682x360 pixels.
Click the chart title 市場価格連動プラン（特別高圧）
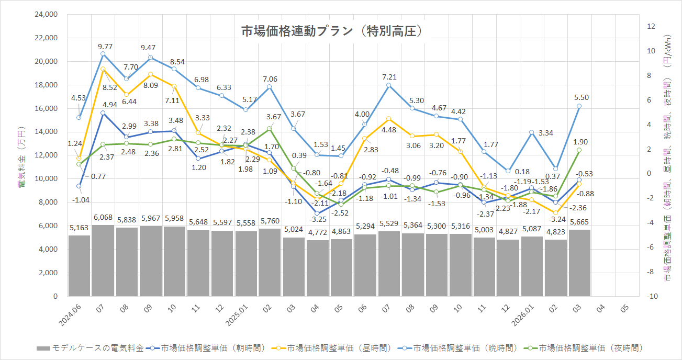point(331,31)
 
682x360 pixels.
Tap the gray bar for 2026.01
point(532,266)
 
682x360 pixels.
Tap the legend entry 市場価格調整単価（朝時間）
point(206,347)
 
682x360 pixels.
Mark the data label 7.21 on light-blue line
point(389,77)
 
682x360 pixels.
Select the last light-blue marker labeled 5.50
point(579,106)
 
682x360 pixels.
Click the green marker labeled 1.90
point(579,150)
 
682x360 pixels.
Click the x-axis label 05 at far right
point(624,310)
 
